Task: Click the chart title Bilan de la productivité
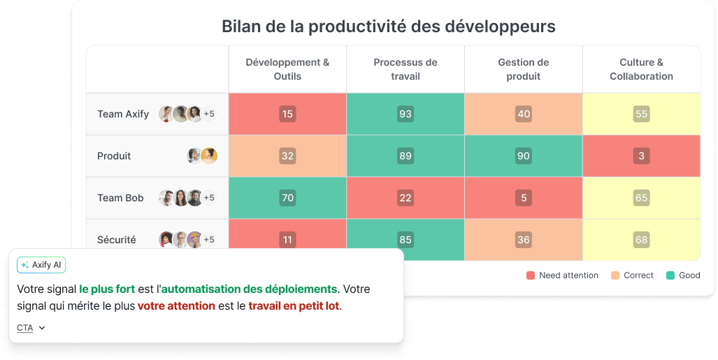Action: click(x=388, y=27)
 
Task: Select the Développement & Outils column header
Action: click(x=287, y=69)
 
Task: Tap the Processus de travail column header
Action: click(x=405, y=69)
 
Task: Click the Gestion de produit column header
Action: click(x=523, y=69)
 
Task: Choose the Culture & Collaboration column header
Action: click(x=641, y=69)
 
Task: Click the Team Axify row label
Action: click(x=123, y=114)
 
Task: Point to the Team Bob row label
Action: click(x=120, y=198)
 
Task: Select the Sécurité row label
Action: click(x=117, y=240)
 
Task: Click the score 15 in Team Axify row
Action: click(x=287, y=114)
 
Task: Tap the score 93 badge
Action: click(x=405, y=114)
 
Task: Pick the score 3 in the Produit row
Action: click(x=641, y=156)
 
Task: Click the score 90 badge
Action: click(x=523, y=156)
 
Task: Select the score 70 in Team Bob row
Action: click(x=287, y=198)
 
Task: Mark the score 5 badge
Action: click(x=523, y=198)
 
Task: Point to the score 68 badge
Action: click(x=641, y=240)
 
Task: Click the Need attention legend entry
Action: click(x=563, y=275)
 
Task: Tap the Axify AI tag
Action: click(x=41, y=265)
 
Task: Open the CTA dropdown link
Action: click(x=31, y=328)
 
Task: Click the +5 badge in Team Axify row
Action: click(x=209, y=114)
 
